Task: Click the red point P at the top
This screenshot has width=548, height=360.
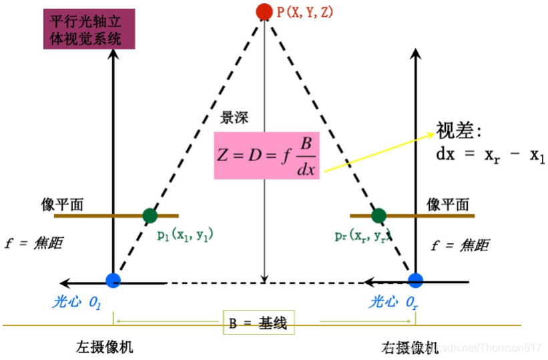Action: coord(264,11)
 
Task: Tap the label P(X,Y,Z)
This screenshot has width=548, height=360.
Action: coord(306,11)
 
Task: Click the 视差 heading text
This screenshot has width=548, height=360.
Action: coord(459,130)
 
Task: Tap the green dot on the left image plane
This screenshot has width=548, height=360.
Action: coord(150,215)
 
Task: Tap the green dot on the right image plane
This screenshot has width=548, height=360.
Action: coord(378,215)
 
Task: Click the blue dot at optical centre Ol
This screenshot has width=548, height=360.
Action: coord(113,281)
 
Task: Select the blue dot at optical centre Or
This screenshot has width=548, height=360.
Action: coord(416,281)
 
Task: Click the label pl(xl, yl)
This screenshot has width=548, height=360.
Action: coord(185,235)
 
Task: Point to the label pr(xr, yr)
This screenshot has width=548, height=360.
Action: coord(363,235)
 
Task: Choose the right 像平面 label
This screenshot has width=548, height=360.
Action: coord(448,204)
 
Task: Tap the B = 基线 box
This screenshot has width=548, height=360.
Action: coord(258,324)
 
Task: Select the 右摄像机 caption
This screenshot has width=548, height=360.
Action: coord(409,347)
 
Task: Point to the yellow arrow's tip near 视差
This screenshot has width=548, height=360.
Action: coord(434,132)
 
